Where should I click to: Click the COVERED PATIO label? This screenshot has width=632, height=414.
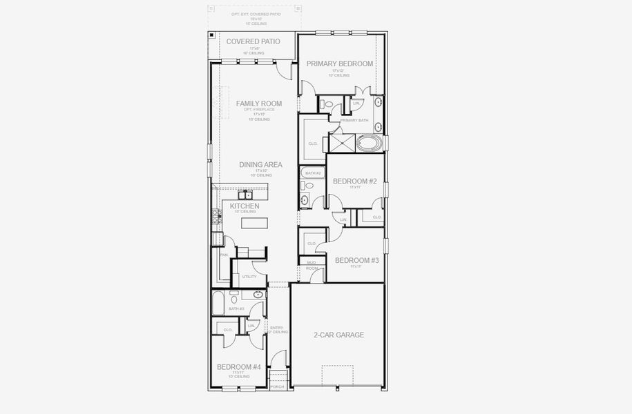click(x=253, y=41)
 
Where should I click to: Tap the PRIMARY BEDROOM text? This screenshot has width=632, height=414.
click(x=340, y=63)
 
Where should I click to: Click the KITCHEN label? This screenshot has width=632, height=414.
click(x=245, y=206)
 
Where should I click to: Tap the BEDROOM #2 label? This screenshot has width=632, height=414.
click(x=354, y=181)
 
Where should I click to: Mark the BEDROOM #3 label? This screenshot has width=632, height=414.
click(x=356, y=260)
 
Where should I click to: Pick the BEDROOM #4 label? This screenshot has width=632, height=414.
click(x=238, y=367)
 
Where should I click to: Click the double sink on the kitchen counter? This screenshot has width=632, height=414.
click(x=243, y=195)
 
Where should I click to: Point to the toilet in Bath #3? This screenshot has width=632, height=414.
click(x=234, y=299)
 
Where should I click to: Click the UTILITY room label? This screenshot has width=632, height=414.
click(x=249, y=277)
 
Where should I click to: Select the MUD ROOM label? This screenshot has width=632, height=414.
click(x=312, y=266)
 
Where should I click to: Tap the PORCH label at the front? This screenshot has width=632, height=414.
click(x=277, y=386)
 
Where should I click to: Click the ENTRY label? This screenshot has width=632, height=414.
click(x=276, y=328)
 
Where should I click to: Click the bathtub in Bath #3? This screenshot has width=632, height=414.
click(x=218, y=302)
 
